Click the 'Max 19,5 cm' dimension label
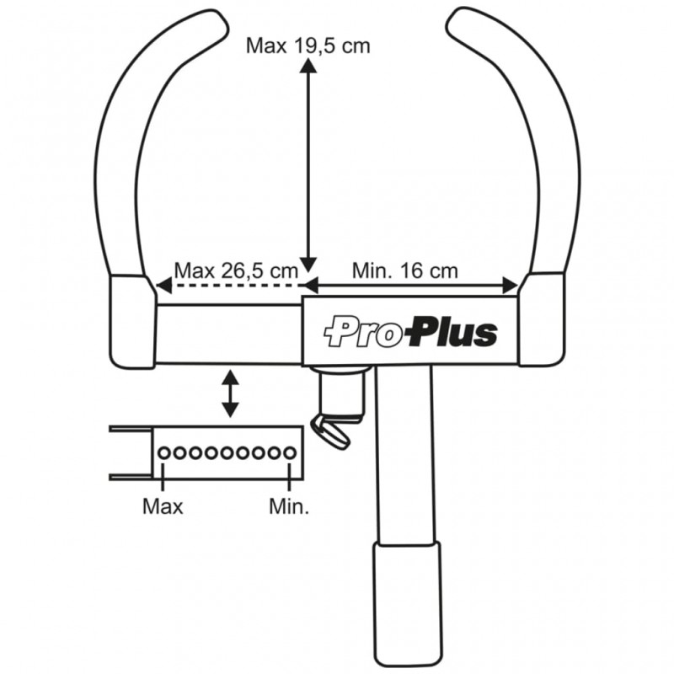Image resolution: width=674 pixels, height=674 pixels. (308, 45)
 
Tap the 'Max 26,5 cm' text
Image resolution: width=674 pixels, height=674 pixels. (236, 270)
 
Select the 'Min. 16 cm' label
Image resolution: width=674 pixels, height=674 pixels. (405, 270)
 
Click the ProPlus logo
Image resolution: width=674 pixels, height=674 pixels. (411, 331)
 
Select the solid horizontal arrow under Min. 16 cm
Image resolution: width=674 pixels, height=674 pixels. (413, 286)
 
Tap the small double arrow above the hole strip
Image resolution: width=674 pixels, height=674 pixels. (230, 393)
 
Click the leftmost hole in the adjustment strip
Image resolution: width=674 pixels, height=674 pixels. (163, 453)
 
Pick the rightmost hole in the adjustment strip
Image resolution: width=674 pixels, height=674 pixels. (290, 453)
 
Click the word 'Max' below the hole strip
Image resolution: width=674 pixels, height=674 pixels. (163, 506)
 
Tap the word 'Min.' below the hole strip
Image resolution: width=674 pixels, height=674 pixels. (289, 506)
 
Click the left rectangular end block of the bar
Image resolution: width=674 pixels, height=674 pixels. (133, 324)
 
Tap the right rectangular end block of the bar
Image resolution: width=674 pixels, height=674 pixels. (541, 320)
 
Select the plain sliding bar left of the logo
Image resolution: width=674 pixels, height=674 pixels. (227, 334)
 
